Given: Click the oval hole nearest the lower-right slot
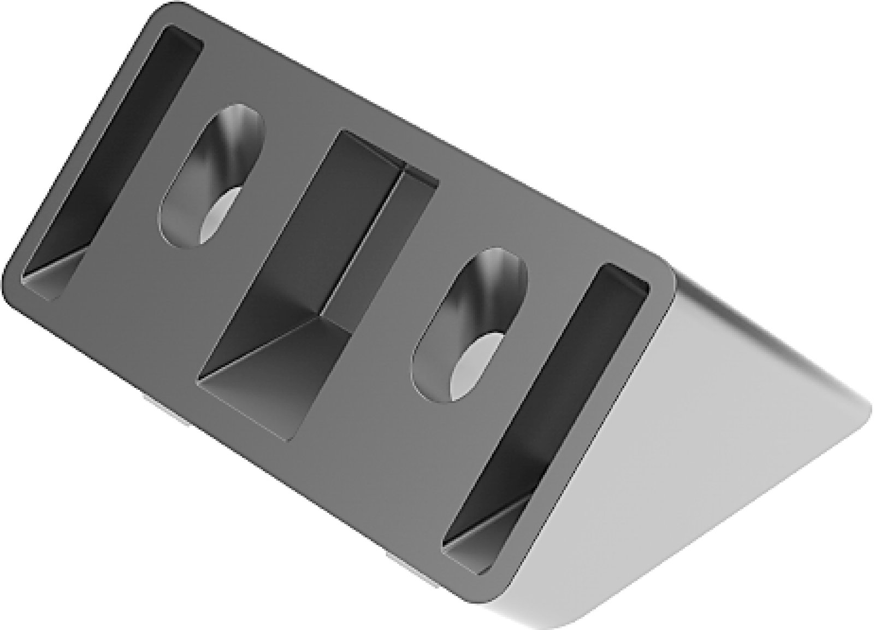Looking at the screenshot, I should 470,328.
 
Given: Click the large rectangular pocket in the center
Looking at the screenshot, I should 317,284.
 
